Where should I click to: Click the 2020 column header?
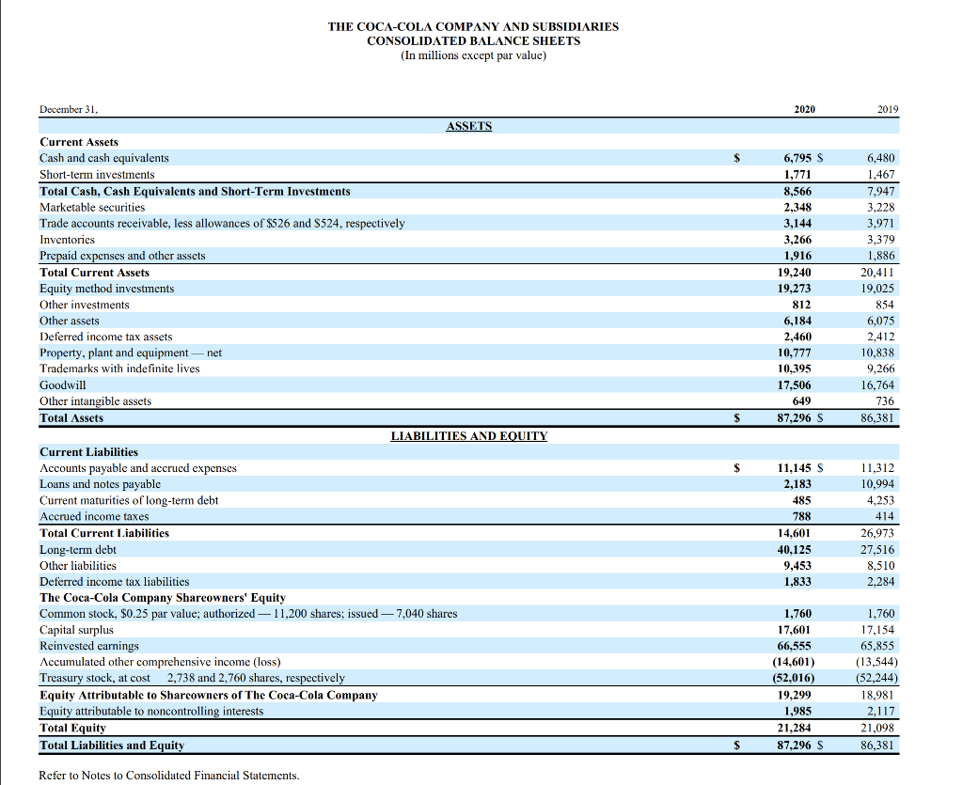pos(804,109)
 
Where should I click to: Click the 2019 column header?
pos(887,109)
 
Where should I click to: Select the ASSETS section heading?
pos(468,126)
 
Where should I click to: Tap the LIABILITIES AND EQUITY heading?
pos(468,436)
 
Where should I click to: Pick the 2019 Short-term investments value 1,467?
pos(881,175)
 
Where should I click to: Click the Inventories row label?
pos(68,240)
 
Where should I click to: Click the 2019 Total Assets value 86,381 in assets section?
pos(878,417)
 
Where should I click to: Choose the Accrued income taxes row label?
pos(94,516)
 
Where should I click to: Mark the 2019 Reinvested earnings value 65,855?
pos(878,646)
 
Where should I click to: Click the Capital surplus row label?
pos(76,630)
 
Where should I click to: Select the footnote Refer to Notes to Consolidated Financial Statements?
pos(169,776)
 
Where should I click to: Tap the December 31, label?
pos(69,109)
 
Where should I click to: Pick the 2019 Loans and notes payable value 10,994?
pos(878,484)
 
